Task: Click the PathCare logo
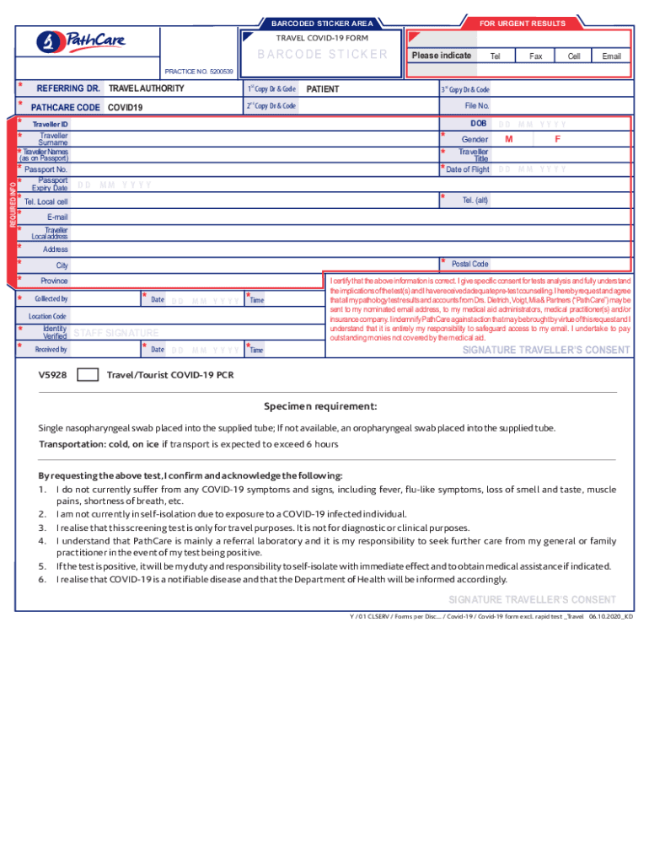[77, 40]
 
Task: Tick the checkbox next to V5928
[87, 374]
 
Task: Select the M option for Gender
[508, 139]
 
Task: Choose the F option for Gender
[557, 139]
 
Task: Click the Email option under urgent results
[611, 56]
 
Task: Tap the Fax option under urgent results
[535, 56]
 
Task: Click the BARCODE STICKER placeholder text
[322, 55]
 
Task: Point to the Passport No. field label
[46, 169]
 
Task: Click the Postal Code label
[469, 265]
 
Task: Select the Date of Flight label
[468, 169]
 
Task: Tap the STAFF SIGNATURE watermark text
[115, 333]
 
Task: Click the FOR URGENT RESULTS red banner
[523, 24]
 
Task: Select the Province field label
[55, 281]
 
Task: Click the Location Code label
[47, 316]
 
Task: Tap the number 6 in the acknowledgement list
[41, 579]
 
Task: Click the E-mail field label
[57, 217]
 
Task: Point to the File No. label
[477, 106]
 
